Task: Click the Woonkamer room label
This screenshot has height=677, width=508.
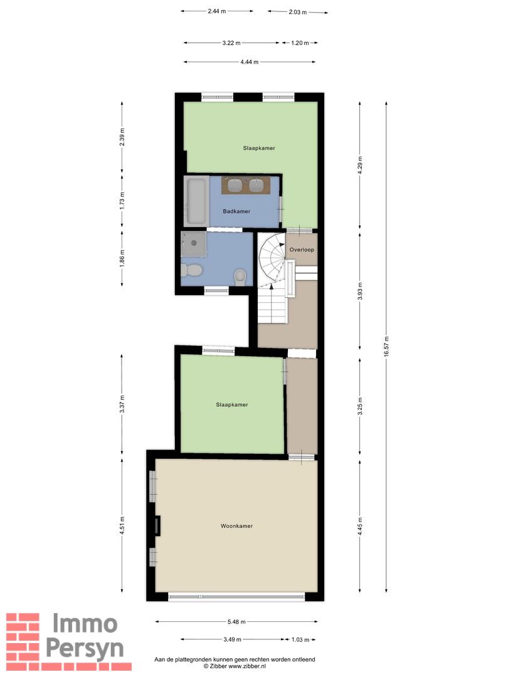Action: [x=236, y=526]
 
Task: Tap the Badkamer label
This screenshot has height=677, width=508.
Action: [x=236, y=211]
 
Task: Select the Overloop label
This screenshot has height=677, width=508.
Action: [x=302, y=249]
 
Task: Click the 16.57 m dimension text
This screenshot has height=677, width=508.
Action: [x=386, y=346]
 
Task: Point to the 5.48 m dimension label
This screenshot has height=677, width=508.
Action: [x=236, y=622]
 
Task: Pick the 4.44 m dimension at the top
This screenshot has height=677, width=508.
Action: [x=249, y=61]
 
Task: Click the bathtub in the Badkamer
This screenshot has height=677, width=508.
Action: [x=196, y=201]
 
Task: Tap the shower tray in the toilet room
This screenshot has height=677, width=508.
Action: [x=194, y=244]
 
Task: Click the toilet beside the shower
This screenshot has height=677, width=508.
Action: [x=192, y=270]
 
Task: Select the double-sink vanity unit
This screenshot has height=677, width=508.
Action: [x=246, y=185]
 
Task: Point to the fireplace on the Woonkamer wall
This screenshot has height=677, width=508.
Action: [x=157, y=526]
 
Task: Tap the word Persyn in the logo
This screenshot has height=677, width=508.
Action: [x=85, y=649]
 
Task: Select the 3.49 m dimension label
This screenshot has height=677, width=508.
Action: [x=232, y=639]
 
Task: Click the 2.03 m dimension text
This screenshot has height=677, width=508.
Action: [x=298, y=12]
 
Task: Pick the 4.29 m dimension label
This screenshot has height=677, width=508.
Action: [x=360, y=165]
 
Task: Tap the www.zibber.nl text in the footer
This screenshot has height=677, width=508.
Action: [x=248, y=666]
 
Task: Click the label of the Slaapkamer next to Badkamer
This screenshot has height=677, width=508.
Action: [x=259, y=148]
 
